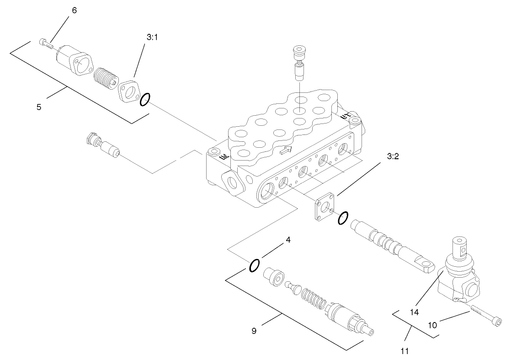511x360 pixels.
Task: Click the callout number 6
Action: coord(75,10)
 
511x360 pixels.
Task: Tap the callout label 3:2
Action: coord(393,156)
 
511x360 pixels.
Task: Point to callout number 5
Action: coord(39,107)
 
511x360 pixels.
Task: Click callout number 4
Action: coord(287,239)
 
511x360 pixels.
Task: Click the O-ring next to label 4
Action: coord(255,265)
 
